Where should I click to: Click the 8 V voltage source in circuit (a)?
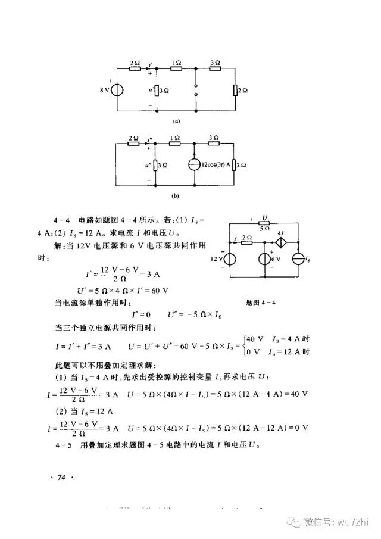pos(117,90)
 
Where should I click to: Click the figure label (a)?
pos(176,120)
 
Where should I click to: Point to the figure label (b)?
pos(176,195)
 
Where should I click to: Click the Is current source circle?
pos(298,259)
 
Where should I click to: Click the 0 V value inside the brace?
pos(256,351)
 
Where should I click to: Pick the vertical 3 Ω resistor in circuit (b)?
pos(155,165)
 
